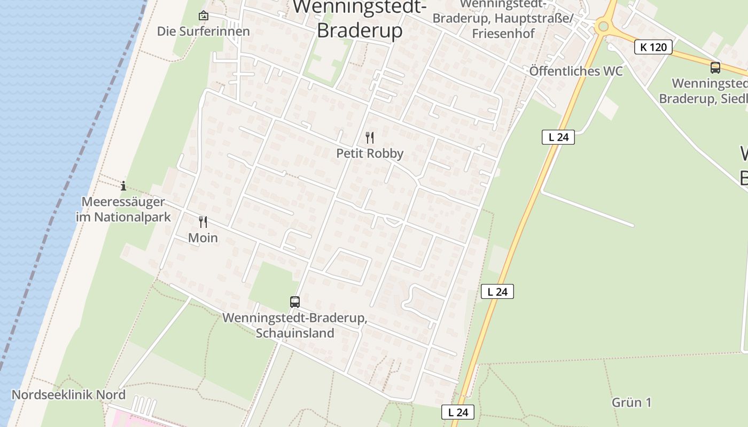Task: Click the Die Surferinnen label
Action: (x=203, y=31)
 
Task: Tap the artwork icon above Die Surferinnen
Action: (x=203, y=16)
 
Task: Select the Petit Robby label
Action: (x=370, y=154)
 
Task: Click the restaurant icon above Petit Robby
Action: (x=370, y=138)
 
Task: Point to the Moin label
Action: (x=203, y=238)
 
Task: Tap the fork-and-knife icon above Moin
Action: (x=203, y=222)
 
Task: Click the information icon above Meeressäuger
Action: (x=123, y=186)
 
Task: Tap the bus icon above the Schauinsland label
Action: (x=295, y=302)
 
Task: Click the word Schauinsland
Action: (x=295, y=333)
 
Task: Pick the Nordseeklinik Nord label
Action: (x=68, y=395)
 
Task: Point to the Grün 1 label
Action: (x=632, y=402)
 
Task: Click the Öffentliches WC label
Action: (x=576, y=72)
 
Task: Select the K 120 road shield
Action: (x=653, y=47)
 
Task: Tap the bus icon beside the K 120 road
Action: (x=715, y=68)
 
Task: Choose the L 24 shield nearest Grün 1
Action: (x=458, y=412)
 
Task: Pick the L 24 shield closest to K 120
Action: (x=558, y=137)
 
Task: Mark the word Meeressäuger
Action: (x=123, y=202)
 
